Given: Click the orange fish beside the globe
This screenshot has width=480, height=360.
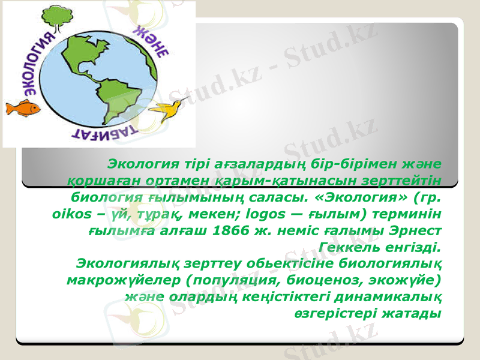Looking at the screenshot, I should pos(22,109).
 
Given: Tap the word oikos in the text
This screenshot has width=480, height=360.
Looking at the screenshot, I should pos(61,214).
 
